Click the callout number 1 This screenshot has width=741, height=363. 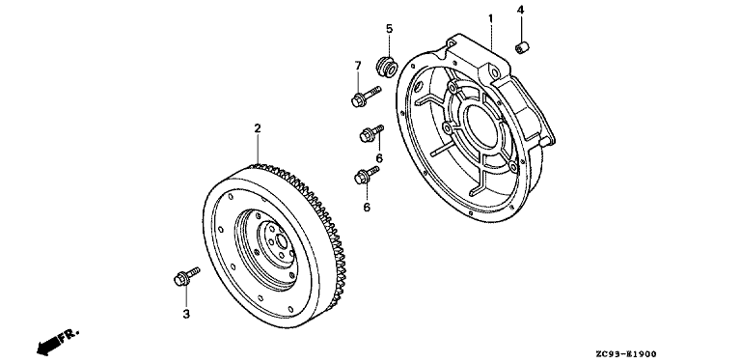[x=490, y=18]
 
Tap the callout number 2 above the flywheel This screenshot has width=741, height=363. [x=257, y=128]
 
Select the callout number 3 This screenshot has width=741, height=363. [x=186, y=314]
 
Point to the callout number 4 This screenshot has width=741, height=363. [x=520, y=10]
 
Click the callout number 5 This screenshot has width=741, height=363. [x=389, y=29]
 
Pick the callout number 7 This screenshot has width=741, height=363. [x=358, y=65]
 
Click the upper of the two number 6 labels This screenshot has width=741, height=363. [x=379, y=158]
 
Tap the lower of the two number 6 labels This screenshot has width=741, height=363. [x=367, y=207]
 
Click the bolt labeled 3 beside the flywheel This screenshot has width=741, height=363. [x=186, y=276]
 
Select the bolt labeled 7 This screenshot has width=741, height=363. [x=366, y=96]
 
